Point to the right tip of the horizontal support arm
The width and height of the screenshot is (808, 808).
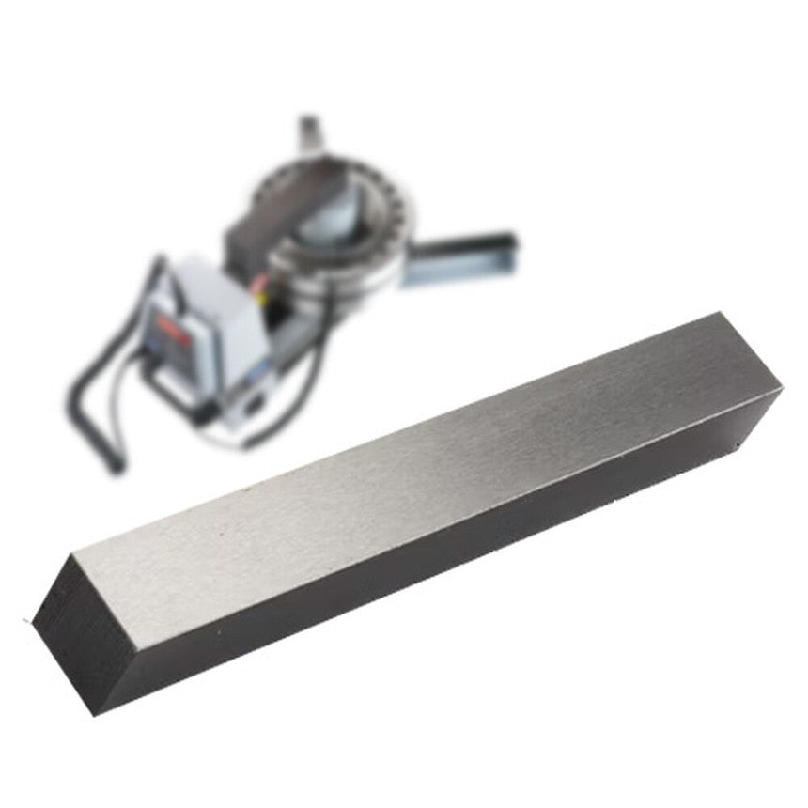(x=512, y=246)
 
